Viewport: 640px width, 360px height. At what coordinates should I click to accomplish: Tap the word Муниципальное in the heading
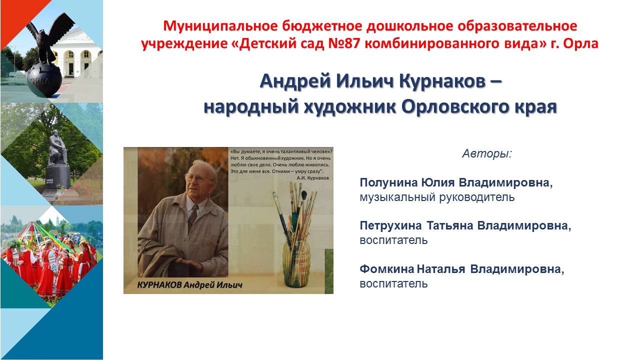tap(220, 26)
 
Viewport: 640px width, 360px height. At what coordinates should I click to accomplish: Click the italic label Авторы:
tap(487, 153)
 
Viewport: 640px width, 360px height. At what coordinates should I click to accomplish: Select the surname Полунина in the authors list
tap(388, 182)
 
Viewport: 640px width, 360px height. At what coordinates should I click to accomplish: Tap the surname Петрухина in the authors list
tap(390, 225)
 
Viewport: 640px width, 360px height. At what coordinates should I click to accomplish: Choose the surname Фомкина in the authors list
tap(386, 269)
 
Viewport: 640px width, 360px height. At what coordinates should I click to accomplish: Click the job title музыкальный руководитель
tap(437, 197)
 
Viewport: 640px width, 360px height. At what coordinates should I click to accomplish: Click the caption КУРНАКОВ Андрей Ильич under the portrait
tap(189, 285)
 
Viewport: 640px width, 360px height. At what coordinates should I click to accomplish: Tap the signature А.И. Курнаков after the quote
tap(312, 177)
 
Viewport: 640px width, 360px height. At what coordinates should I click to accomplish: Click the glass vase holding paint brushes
tap(296, 263)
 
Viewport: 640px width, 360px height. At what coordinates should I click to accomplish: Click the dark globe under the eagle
tap(44, 80)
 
